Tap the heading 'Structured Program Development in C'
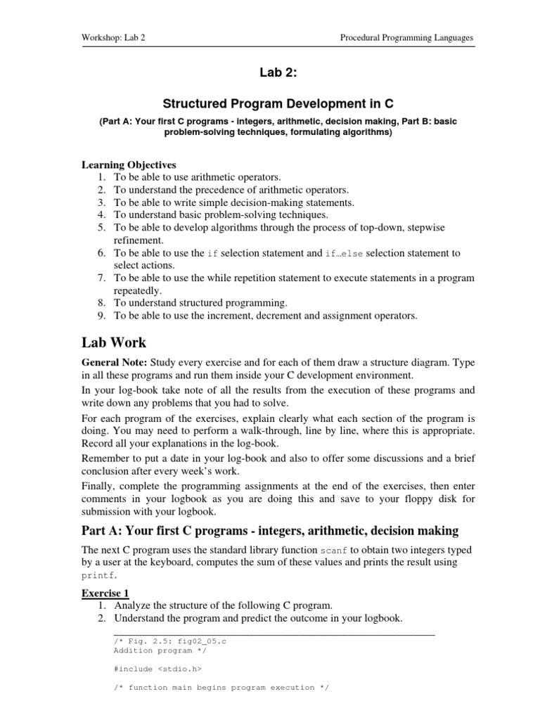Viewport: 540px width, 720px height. tap(270, 103)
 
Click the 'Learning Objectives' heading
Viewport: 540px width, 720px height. tap(129, 165)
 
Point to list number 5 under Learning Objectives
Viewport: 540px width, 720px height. tap(101, 228)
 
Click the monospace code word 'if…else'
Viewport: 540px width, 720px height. tap(345, 253)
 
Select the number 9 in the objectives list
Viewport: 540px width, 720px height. tap(101, 316)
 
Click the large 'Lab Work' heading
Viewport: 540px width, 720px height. tap(115, 343)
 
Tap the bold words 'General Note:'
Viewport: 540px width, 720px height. tap(115, 363)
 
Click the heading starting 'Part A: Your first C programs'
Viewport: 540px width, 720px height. tap(269, 530)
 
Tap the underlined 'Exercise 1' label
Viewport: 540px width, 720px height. tap(105, 593)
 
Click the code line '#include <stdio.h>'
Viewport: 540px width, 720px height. tap(148, 669)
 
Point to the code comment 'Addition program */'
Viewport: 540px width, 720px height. tap(148, 650)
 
